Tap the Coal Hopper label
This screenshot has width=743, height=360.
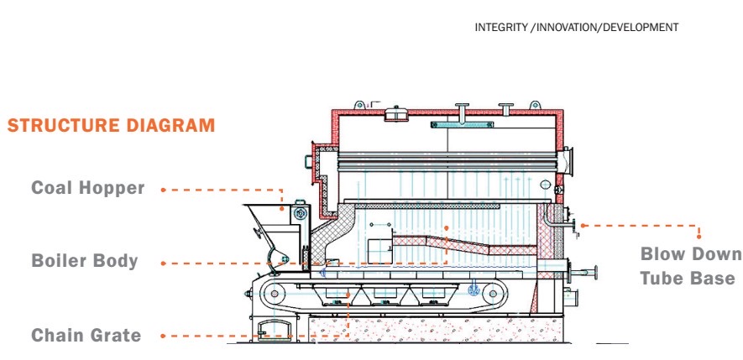tap(88, 188)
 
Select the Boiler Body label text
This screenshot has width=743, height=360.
tap(85, 261)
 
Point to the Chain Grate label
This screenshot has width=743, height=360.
tap(86, 336)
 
